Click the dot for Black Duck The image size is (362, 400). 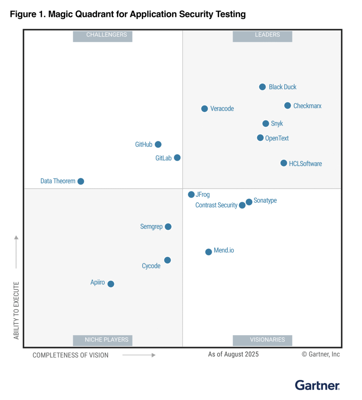pos(262,87)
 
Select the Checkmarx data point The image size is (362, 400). pos(287,105)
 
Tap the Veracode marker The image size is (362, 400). pos(204,109)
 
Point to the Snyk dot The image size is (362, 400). pos(265,123)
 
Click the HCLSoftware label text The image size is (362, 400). pos(305,164)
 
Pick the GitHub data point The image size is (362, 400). pos(158,144)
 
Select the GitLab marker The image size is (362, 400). pos(177,157)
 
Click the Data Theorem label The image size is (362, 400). pos(58,181)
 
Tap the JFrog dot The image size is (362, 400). pos(191,194)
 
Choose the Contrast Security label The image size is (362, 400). pos(216,205)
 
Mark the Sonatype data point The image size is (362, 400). pos(249,202)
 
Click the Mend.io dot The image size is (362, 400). pos(208,252)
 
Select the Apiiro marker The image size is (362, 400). pos(111,284)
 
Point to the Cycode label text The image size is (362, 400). pos(151,266)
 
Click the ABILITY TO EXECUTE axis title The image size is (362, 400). pos(16,310)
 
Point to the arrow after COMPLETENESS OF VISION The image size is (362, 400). pos(139,355)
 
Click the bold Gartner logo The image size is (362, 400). pos(317,385)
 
